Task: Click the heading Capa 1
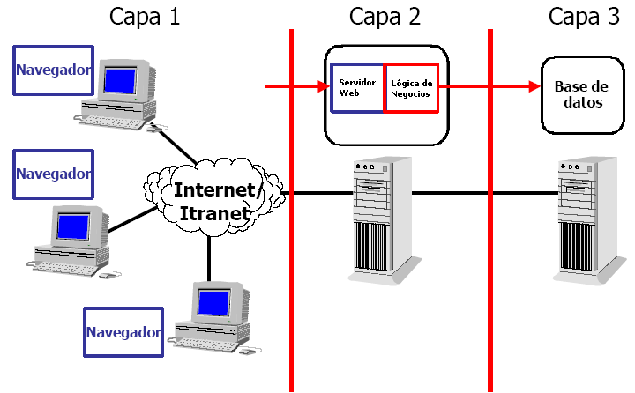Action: pyautogui.click(x=145, y=16)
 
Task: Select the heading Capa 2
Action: pyautogui.click(x=385, y=16)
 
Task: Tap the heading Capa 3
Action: pyautogui.click(x=585, y=16)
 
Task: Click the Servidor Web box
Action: pyautogui.click(x=357, y=87)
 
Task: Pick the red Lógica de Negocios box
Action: pyautogui.click(x=411, y=87)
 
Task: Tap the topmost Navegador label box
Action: pyautogui.click(x=53, y=70)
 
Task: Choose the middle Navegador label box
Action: pyautogui.click(x=53, y=173)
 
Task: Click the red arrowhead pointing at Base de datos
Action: pyautogui.click(x=533, y=86)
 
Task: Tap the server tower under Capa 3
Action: pyautogui.click(x=584, y=220)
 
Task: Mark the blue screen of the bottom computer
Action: pyautogui.click(x=212, y=303)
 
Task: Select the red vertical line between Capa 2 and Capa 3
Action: pyautogui.click(x=490, y=264)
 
